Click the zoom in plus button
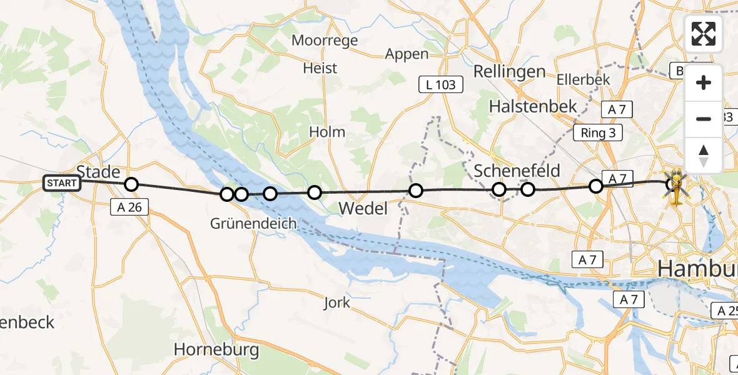click(x=704, y=83)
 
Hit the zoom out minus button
click(x=704, y=119)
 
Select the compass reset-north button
click(x=704, y=155)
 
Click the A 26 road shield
click(x=129, y=207)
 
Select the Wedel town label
click(x=363, y=208)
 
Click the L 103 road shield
click(x=441, y=84)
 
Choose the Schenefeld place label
click(x=517, y=171)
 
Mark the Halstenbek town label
click(x=533, y=106)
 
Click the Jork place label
click(x=337, y=303)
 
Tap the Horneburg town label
click(x=216, y=349)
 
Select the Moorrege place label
click(x=326, y=41)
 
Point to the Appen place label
click(x=407, y=54)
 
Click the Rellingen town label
click(x=509, y=71)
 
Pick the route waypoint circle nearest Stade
click(x=131, y=184)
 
